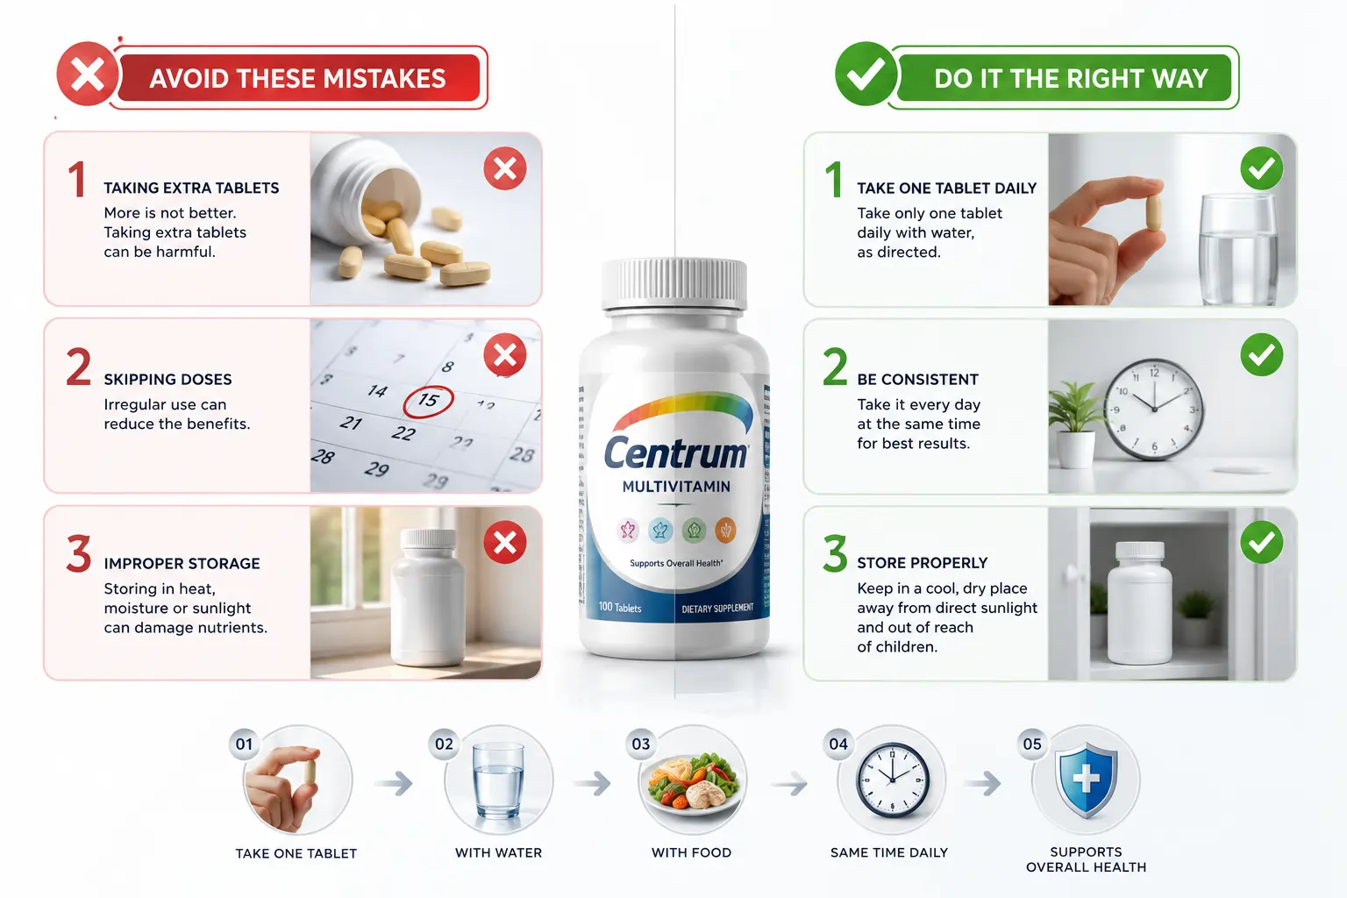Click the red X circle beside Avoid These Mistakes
pyautogui.click(x=87, y=74)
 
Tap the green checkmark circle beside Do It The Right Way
pyautogui.click(x=866, y=74)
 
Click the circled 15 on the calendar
pyautogui.click(x=428, y=401)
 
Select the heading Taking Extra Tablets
pyautogui.click(x=191, y=189)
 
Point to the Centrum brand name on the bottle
pyautogui.click(x=676, y=453)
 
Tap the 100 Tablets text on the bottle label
pyautogui.click(x=620, y=608)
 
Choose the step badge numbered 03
pyautogui.click(x=641, y=744)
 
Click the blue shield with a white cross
pyautogui.click(x=1086, y=780)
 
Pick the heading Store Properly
pyautogui.click(x=923, y=563)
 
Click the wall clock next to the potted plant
pyautogui.click(x=1154, y=409)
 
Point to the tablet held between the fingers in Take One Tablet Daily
pyautogui.click(x=1153, y=212)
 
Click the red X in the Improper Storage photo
pyautogui.click(x=505, y=542)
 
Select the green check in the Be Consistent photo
pyautogui.click(x=1262, y=355)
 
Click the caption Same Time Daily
pyautogui.click(x=888, y=852)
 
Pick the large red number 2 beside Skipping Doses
pyautogui.click(x=79, y=367)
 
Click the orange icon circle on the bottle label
pyautogui.click(x=725, y=531)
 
